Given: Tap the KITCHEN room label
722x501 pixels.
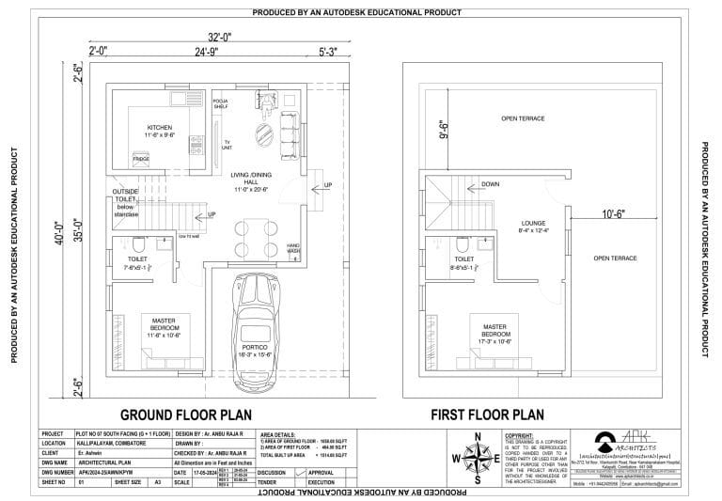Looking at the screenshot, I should (159, 127).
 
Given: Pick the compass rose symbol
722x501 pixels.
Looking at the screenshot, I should (478, 458).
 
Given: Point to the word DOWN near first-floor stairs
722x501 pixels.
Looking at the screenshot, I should (490, 185).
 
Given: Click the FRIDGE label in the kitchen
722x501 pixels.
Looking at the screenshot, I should (141, 159).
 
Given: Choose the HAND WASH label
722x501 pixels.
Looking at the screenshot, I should (293, 248).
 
